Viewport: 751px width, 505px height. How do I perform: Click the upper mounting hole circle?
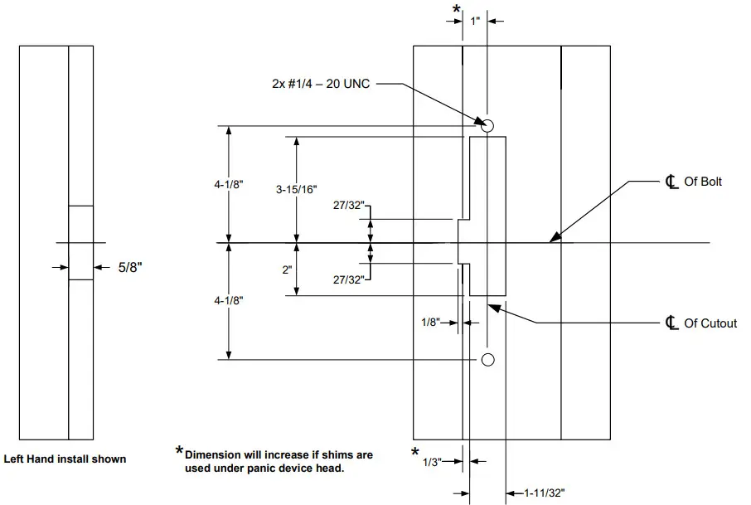pos(487,125)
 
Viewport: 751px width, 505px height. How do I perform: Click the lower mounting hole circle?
pos(487,359)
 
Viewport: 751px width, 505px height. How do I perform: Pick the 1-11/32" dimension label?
pos(544,493)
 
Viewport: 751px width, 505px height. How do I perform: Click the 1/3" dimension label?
pos(432,461)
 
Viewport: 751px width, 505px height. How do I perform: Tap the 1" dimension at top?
pos(475,21)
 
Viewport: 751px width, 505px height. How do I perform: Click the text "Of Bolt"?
pos(703,182)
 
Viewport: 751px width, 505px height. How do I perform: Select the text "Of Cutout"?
pos(710,323)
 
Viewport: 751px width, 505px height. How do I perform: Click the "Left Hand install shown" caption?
pos(65,459)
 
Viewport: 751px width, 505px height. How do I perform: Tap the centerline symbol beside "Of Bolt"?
pos(671,182)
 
